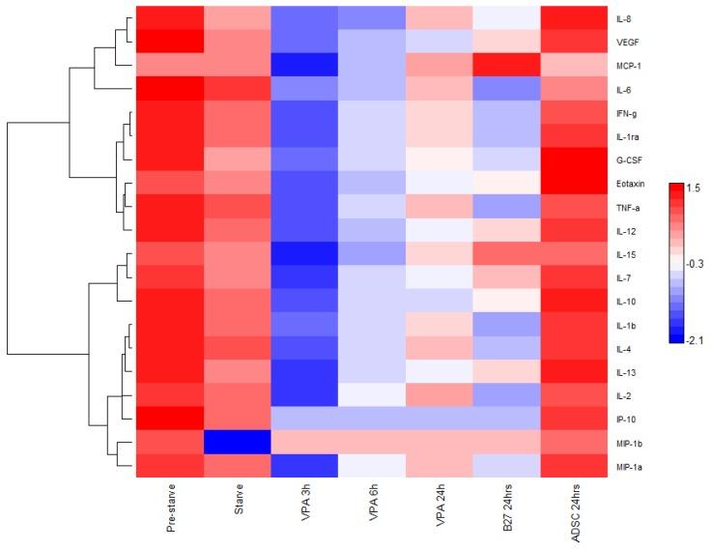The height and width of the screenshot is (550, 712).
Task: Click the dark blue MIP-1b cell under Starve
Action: (237, 442)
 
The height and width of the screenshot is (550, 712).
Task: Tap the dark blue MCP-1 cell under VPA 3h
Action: (304, 65)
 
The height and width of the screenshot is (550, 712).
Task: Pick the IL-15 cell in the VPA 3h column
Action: (304, 253)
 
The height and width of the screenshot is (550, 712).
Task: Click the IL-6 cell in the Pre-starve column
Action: (169, 89)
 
